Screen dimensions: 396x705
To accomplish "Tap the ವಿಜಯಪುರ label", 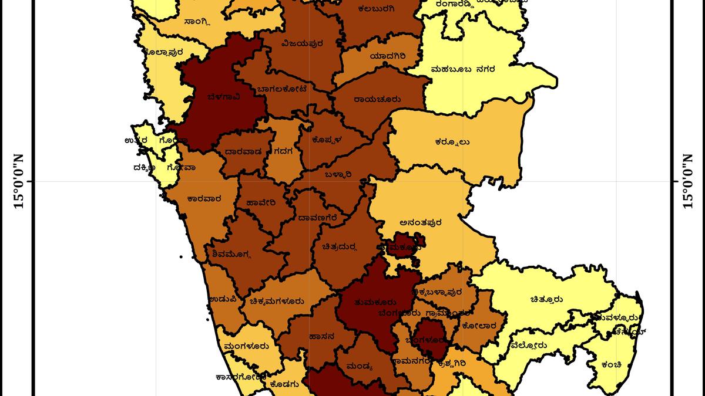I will (x=303, y=43).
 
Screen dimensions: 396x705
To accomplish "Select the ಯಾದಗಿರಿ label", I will (x=388, y=56).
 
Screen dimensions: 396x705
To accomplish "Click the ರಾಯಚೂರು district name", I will (x=377, y=100).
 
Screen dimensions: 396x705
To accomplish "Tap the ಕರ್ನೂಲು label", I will (x=452, y=141).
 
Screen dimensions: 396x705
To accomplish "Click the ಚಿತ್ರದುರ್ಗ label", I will (x=340, y=246).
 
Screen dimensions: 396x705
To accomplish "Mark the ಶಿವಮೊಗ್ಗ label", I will (x=230, y=255).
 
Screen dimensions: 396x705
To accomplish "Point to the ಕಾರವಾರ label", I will (x=204, y=198).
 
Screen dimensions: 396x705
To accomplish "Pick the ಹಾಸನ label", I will (x=321, y=337).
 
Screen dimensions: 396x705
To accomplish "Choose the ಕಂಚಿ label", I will (x=612, y=365).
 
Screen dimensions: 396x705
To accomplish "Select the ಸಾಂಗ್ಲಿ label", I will (x=197, y=22).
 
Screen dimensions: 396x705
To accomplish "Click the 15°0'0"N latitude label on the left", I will (x=18, y=181).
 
